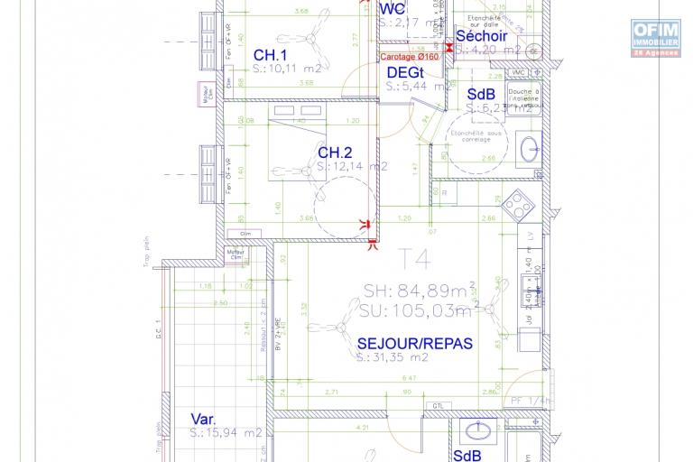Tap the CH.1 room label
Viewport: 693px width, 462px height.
click(x=270, y=53)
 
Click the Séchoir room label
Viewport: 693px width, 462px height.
click(x=485, y=36)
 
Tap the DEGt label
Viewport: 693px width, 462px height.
click(x=406, y=72)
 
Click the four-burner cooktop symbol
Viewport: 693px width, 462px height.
click(x=518, y=208)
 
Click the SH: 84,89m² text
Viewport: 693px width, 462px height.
click(x=414, y=291)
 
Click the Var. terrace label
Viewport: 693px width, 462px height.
click(x=203, y=419)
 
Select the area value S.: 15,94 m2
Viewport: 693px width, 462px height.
click(x=226, y=433)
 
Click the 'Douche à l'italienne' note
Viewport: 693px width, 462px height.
click(x=523, y=97)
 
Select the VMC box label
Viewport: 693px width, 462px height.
click(x=518, y=72)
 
